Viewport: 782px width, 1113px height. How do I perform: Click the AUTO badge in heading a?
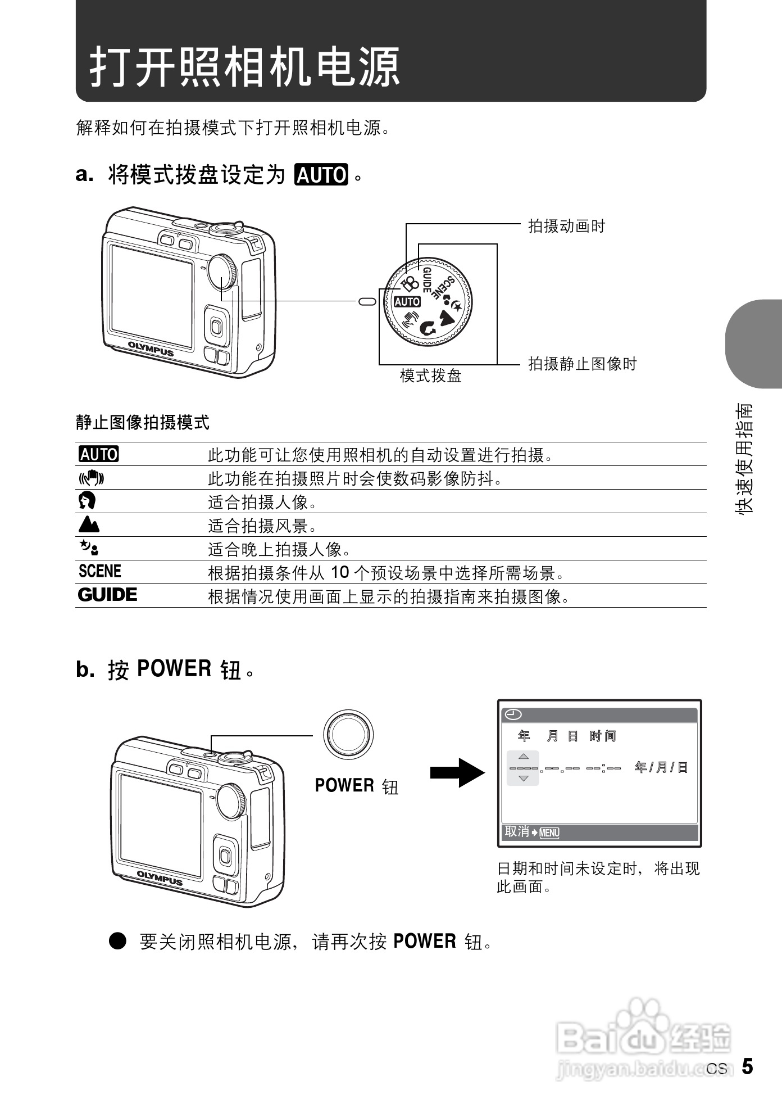click(x=321, y=175)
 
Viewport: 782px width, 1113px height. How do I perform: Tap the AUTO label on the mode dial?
click(x=407, y=302)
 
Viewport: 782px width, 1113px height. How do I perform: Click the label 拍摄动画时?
click(x=566, y=227)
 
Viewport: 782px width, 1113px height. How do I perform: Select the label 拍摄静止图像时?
click(x=582, y=364)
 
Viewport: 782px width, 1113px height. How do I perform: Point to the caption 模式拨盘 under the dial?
click(x=430, y=375)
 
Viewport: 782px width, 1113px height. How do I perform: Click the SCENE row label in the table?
click(x=100, y=572)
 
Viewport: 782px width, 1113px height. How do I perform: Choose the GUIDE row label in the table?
click(x=107, y=595)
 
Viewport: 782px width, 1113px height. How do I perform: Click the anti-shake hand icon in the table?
click(x=91, y=478)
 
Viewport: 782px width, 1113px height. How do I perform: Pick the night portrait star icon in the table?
click(x=89, y=548)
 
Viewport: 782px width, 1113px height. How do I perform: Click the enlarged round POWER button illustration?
click(x=348, y=735)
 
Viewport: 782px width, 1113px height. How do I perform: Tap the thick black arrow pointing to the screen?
click(x=457, y=772)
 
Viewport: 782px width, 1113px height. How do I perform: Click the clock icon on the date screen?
click(x=513, y=714)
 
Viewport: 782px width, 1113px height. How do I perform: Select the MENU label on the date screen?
click(x=549, y=833)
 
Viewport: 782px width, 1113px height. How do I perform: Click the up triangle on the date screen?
click(x=523, y=757)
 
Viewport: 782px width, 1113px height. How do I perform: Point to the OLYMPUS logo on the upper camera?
click(x=151, y=349)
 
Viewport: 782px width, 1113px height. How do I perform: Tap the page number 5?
click(x=747, y=1066)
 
